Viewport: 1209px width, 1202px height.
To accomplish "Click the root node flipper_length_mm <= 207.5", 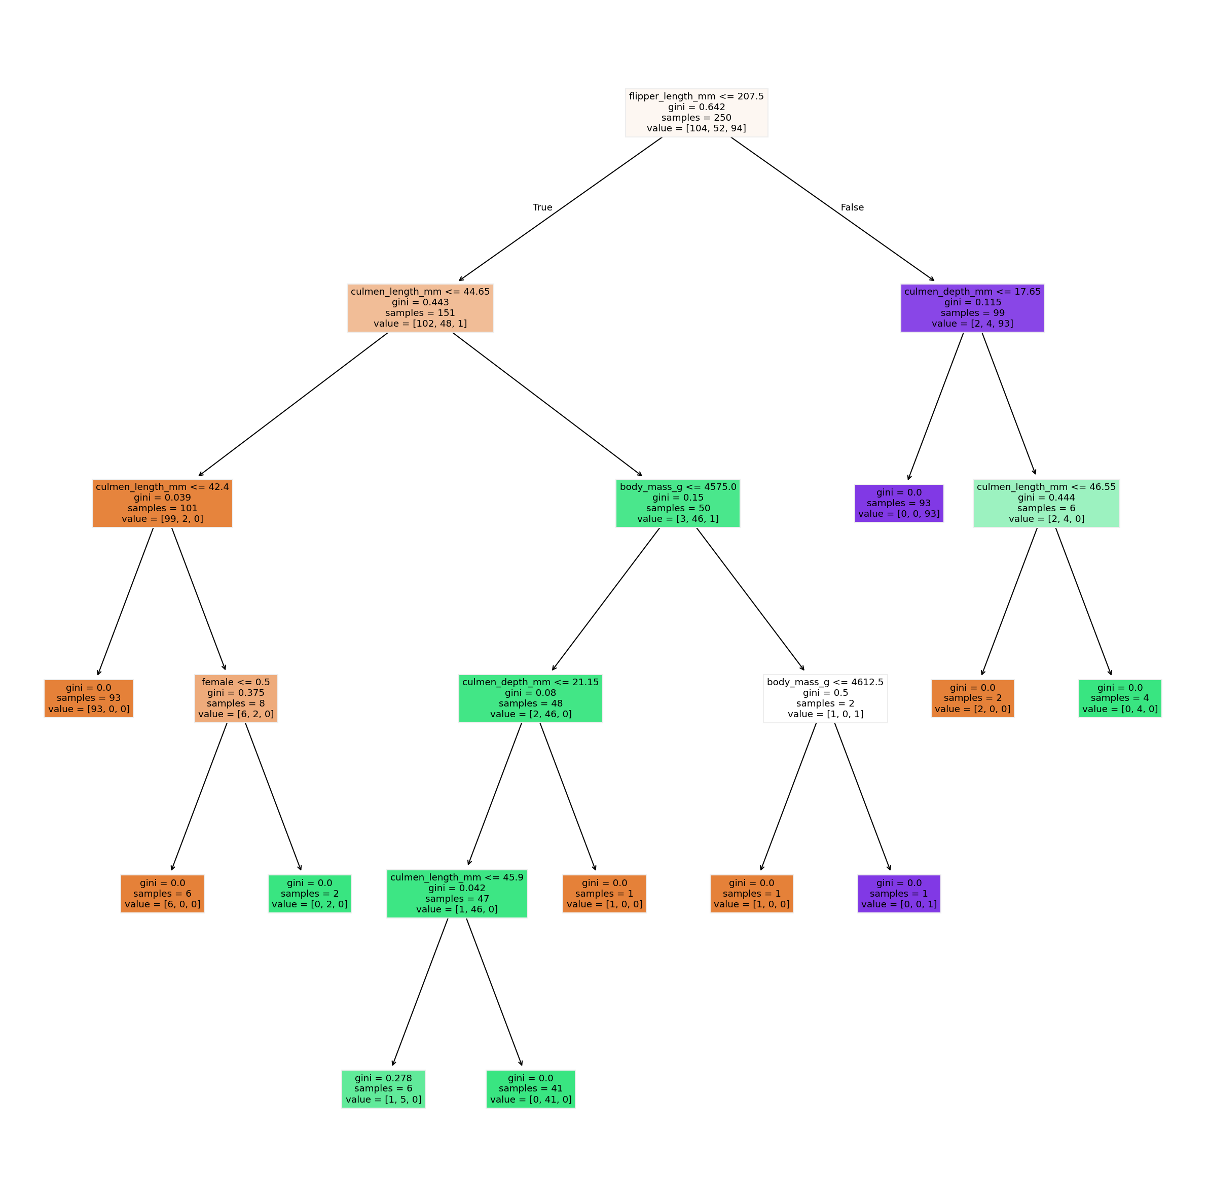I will click(696, 113).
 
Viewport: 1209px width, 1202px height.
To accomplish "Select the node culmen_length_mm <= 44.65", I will click(420, 308).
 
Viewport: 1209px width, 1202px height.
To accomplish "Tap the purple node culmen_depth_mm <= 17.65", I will click(972, 308).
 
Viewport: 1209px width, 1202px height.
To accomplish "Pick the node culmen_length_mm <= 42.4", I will click(162, 503).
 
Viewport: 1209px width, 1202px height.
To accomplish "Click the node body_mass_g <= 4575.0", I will click(678, 503).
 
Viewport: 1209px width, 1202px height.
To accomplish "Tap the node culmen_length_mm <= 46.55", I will click(1046, 503).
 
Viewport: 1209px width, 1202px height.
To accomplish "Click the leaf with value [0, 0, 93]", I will click(899, 503).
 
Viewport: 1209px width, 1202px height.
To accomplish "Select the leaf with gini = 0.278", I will click(383, 1089).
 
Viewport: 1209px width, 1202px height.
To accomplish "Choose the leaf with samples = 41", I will click(530, 1089).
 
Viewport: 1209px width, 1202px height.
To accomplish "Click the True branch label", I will click(542, 208).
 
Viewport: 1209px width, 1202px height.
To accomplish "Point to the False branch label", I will click(852, 208).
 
